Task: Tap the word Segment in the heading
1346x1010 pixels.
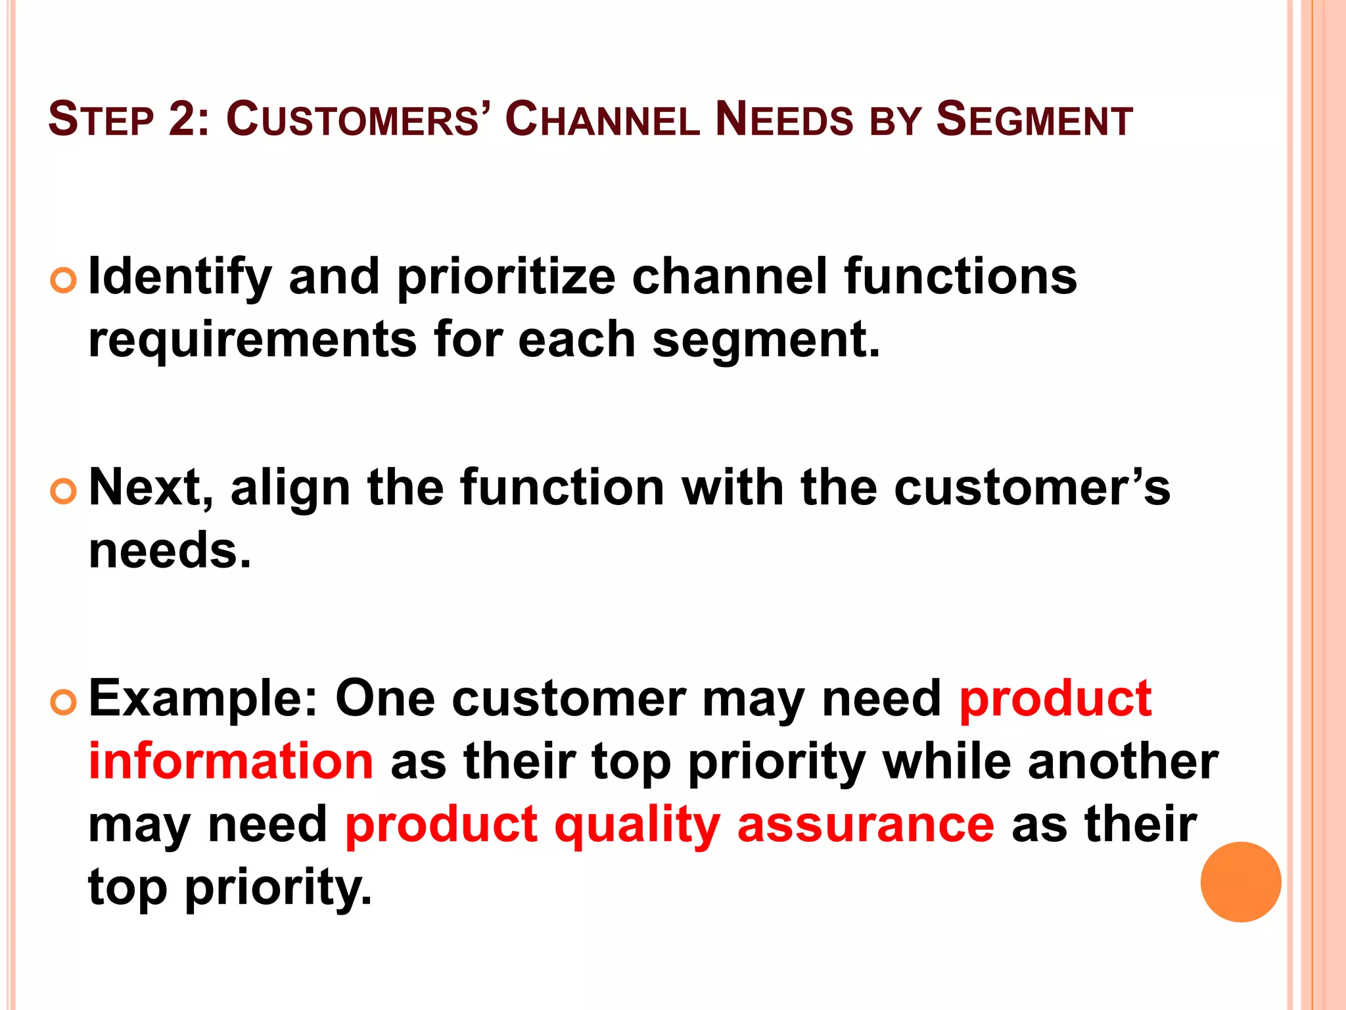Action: pyautogui.click(x=1034, y=120)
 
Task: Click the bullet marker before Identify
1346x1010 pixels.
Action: pyautogui.click(x=64, y=281)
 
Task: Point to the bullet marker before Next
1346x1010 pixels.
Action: pyautogui.click(x=64, y=491)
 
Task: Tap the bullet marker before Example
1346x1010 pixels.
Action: pyautogui.click(x=64, y=702)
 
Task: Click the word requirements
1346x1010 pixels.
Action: pyautogui.click(x=252, y=340)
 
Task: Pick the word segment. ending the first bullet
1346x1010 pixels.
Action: pyautogui.click(x=765, y=340)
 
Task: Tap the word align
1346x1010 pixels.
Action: pyautogui.click(x=290, y=488)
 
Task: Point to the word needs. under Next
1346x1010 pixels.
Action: pyautogui.click(x=170, y=550)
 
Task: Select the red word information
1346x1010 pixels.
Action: pyautogui.click(x=231, y=761)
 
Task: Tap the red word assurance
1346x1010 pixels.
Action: pyautogui.click(x=866, y=825)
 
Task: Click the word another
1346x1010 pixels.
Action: pyautogui.click(x=1123, y=761)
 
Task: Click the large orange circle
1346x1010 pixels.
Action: pyautogui.click(x=1240, y=882)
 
